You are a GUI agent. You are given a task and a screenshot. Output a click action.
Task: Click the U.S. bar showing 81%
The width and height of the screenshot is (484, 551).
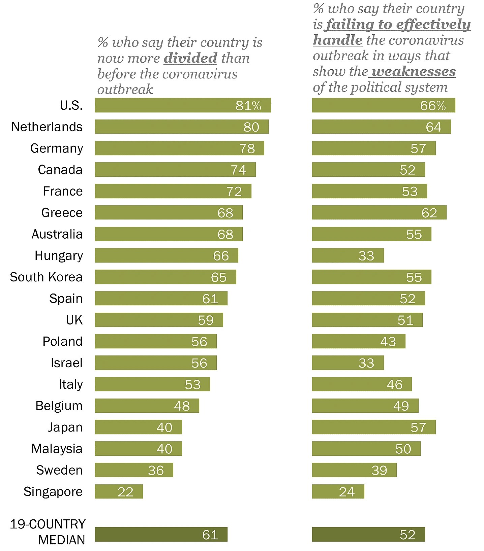point(183,105)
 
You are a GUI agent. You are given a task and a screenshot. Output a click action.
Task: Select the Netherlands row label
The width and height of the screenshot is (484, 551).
point(47,127)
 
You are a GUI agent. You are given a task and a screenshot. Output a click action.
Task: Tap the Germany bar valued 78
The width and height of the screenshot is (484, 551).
point(179,148)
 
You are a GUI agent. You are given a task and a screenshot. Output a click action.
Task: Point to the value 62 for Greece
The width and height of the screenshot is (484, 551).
point(429,213)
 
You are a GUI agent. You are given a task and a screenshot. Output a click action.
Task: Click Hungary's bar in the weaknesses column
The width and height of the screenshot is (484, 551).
point(348,255)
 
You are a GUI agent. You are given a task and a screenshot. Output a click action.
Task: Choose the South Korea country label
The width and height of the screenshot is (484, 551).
point(46,277)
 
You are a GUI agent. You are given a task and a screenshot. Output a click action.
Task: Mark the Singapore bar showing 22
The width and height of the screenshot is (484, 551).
point(119,492)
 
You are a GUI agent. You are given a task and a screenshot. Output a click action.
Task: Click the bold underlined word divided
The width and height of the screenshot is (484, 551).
point(190,58)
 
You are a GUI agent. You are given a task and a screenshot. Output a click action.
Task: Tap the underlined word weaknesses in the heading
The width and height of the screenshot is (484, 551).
point(414,71)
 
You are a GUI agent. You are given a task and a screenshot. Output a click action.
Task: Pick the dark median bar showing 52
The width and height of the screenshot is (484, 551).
point(368,535)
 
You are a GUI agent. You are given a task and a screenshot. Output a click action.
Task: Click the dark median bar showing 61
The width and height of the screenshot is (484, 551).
point(161,535)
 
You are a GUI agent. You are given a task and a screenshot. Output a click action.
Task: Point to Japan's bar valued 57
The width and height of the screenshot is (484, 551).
point(374,427)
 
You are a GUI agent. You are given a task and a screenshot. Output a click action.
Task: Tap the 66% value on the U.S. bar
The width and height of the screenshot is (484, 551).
point(433,106)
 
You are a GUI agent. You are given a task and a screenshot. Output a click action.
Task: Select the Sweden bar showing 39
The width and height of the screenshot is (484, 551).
point(354,470)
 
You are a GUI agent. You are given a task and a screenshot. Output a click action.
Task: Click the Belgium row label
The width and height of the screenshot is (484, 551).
point(59,406)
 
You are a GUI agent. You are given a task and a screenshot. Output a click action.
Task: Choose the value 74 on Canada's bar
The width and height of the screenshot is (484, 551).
point(238,170)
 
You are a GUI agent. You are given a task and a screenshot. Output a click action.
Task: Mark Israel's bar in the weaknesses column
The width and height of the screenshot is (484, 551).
point(348,363)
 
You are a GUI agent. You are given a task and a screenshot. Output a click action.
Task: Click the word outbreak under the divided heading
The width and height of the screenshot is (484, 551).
point(125,90)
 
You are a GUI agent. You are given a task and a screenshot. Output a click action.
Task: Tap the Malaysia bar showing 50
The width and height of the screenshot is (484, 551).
point(366,449)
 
